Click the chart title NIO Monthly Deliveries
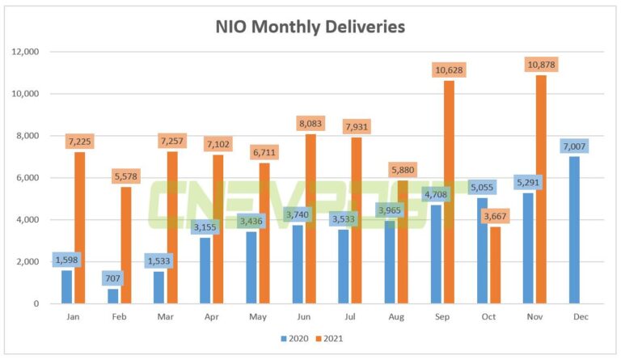[x=310, y=27]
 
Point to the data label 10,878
[x=541, y=65]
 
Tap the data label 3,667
[x=495, y=216]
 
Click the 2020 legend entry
[x=294, y=339]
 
